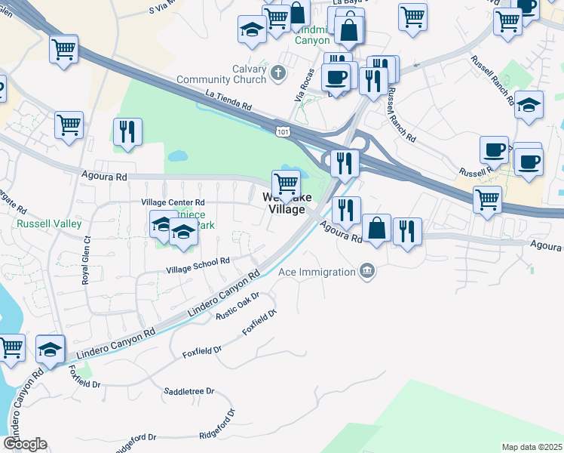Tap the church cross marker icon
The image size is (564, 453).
click(x=278, y=73)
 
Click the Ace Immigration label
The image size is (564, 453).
click(x=317, y=272)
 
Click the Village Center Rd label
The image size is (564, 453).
click(x=173, y=202)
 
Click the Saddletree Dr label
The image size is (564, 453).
click(x=189, y=392)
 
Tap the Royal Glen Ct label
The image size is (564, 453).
click(x=86, y=260)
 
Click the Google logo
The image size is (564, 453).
click(x=25, y=444)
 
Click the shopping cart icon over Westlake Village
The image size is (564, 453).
click(x=286, y=183)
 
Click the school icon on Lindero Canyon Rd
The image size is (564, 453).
click(x=51, y=349)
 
